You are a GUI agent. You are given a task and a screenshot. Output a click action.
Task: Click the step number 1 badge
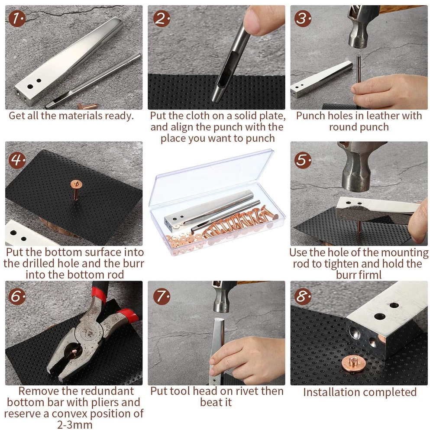17,19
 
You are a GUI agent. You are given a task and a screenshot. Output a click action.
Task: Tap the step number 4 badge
17,160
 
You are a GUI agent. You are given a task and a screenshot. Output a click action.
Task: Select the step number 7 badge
162,297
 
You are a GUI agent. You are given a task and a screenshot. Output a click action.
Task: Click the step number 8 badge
303,297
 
